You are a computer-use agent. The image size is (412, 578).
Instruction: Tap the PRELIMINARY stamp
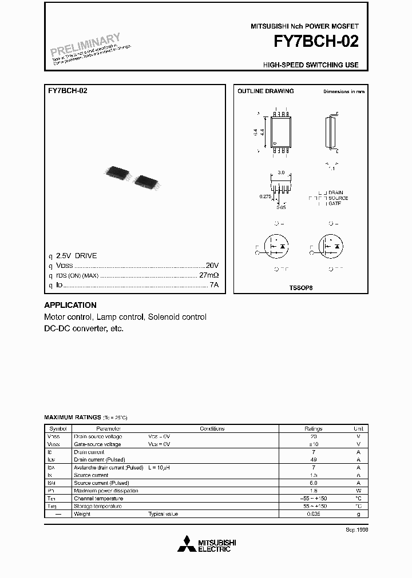[x=86, y=46]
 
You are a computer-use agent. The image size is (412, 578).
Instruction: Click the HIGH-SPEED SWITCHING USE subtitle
[x=311, y=65]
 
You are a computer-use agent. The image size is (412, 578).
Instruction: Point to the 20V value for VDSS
[x=212, y=266]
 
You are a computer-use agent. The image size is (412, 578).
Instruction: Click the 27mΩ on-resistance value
[x=209, y=275]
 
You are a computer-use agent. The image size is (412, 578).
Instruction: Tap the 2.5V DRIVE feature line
[x=76, y=256]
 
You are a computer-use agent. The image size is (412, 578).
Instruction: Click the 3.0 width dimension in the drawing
[x=280, y=172]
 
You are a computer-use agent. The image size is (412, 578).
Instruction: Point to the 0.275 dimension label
[x=264, y=196]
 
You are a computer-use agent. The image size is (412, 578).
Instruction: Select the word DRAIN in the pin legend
[x=336, y=193]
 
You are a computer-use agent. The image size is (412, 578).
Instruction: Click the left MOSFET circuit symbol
[x=277, y=246]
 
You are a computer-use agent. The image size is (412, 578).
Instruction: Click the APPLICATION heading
[x=70, y=305]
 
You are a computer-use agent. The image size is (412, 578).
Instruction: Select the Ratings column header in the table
[x=313, y=429]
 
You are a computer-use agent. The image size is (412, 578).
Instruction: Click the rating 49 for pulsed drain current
[x=313, y=460]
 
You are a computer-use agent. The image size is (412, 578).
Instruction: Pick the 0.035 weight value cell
[x=313, y=514]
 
